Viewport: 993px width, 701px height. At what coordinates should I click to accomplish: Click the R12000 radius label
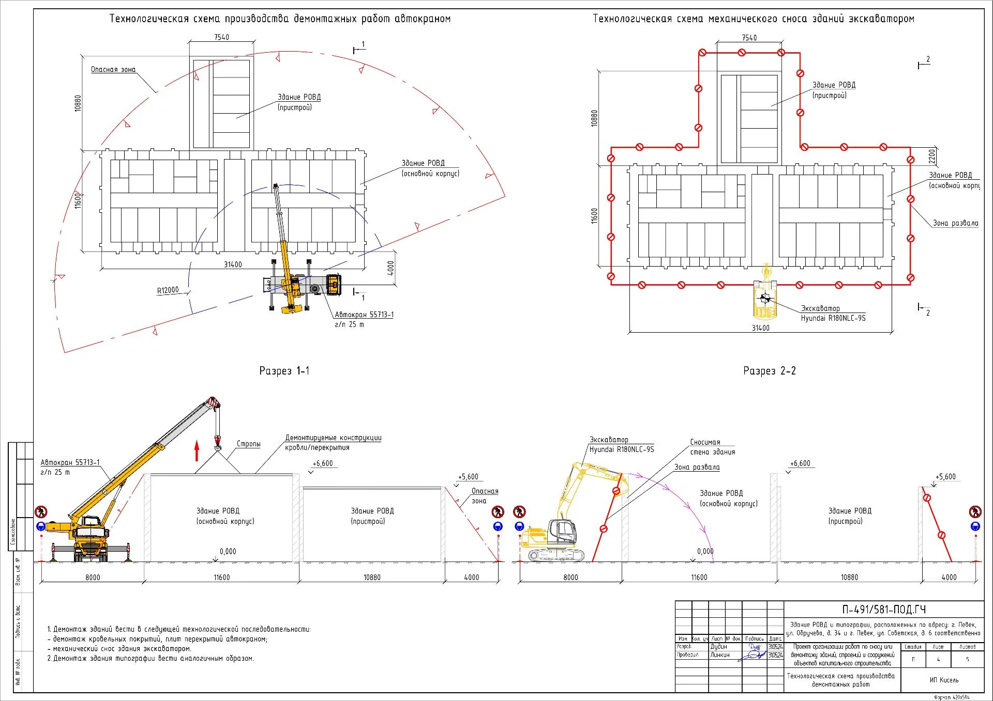[168, 290]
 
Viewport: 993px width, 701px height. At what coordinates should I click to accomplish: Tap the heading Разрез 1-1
[284, 371]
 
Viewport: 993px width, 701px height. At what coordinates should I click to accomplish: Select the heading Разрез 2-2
[769, 371]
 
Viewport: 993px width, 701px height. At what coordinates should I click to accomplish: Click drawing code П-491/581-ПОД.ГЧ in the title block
[883, 610]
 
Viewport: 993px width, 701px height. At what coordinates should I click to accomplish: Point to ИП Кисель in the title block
[944, 680]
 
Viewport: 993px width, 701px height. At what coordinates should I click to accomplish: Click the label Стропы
[248, 444]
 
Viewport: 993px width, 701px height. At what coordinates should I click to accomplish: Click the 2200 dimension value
[931, 156]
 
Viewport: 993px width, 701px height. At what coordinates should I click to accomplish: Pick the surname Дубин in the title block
[718, 647]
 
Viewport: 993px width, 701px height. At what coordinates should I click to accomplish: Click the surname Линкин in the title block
[719, 655]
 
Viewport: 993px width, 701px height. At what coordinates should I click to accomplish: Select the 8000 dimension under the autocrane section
[93, 578]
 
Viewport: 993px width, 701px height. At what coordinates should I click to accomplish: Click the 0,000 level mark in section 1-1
[228, 552]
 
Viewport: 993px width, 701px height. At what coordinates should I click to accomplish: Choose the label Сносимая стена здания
[712, 447]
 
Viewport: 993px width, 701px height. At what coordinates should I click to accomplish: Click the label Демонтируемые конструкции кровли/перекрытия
[333, 443]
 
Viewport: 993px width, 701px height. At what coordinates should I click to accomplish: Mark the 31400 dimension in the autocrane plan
[233, 264]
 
